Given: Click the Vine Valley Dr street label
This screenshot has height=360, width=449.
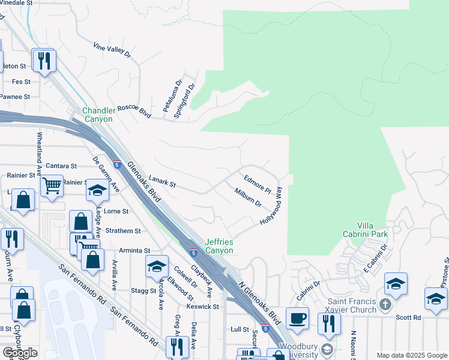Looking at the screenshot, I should point(112,50).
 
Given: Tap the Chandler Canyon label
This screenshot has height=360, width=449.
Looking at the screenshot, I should point(97,115).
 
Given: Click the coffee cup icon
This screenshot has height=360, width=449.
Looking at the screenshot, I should point(297,318).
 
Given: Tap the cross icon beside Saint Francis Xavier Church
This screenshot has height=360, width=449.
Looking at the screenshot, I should point(386,304).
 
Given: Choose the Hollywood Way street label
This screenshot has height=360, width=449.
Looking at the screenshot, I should point(271,206).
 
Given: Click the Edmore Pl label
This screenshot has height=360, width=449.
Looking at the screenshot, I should point(258,184).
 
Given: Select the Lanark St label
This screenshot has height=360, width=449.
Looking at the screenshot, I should point(161,182).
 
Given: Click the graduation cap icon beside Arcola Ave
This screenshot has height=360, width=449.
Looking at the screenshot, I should point(156,265).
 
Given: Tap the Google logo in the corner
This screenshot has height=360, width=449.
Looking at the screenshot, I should point(20,352).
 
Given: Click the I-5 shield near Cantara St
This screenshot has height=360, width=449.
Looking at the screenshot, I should point(116,164).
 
